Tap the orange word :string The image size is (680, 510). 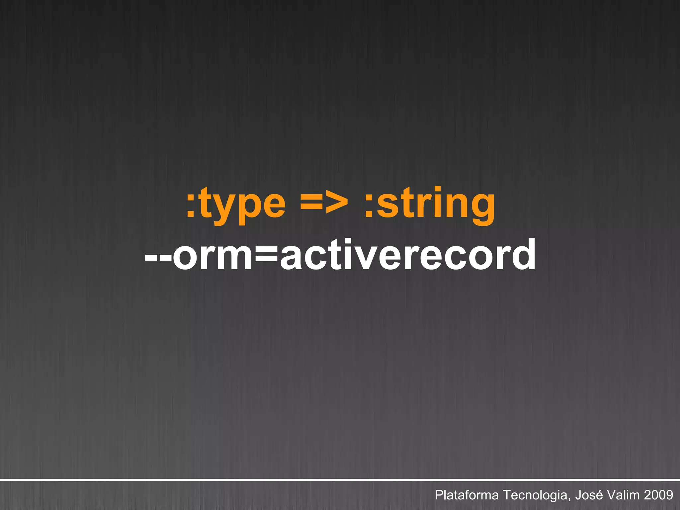tap(430, 203)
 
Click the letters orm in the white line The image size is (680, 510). tap(212, 255)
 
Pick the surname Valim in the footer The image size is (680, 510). tap(624, 495)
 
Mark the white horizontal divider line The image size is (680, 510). tap(340, 480)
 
